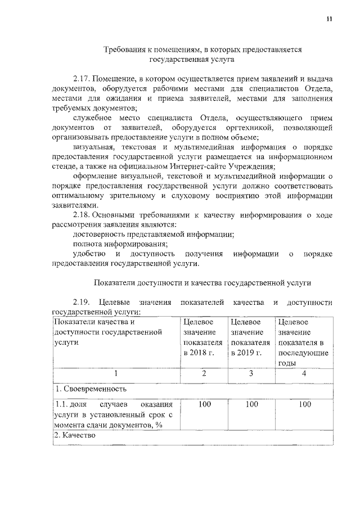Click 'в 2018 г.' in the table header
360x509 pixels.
pos(199,353)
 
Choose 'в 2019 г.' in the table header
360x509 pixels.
pos(246,353)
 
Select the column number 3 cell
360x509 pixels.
pos(251,373)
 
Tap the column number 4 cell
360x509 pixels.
pos(304,373)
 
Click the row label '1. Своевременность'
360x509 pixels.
pos(87,389)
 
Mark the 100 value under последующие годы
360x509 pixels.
pos(304,404)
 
